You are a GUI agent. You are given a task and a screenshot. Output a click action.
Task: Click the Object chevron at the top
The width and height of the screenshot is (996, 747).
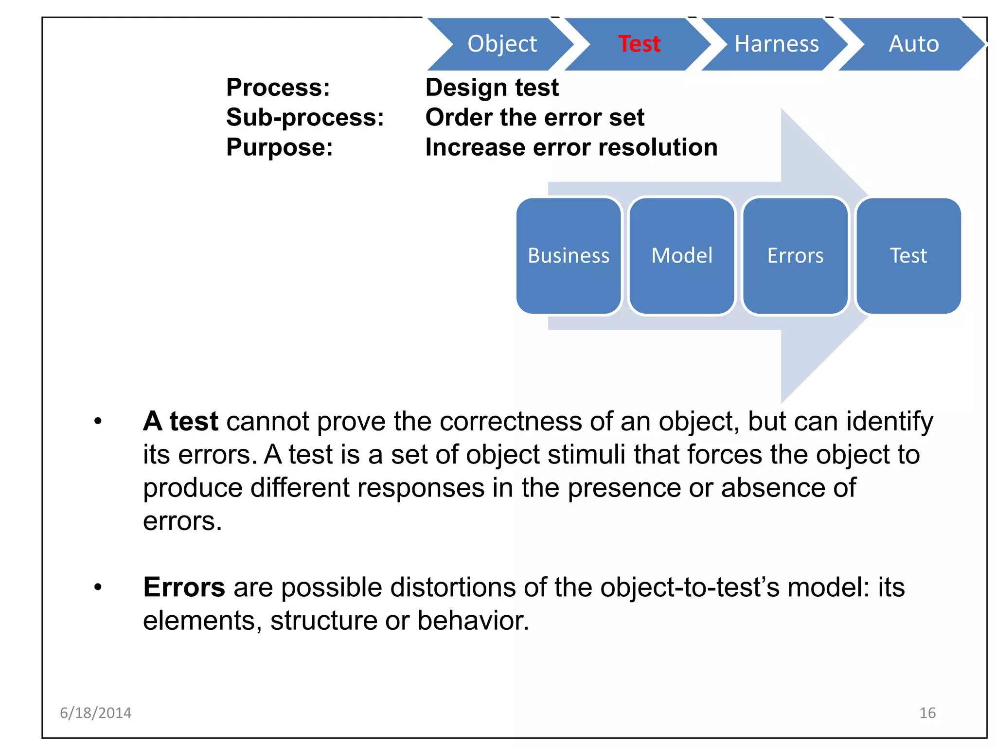(x=502, y=44)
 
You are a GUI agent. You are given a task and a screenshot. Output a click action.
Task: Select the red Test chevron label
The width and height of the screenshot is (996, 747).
(x=639, y=44)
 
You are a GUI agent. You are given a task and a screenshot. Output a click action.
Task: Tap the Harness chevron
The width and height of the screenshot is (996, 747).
(x=776, y=44)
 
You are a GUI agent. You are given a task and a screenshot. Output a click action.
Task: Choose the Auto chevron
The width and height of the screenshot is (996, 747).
(x=913, y=44)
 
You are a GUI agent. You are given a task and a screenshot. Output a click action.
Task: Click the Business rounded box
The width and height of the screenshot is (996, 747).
(x=569, y=256)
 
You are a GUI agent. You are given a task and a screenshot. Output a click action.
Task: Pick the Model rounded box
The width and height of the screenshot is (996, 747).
(x=682, y=256)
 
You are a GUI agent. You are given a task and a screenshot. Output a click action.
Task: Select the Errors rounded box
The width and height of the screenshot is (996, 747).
(x=795, y=256)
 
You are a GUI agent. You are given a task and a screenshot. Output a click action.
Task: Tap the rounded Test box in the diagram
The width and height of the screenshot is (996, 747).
(x=908, y=256)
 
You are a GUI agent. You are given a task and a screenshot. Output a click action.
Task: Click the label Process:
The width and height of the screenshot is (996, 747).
(x=278, y=88)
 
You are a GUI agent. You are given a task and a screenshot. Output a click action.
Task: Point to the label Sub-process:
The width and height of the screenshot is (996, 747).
(x=305, y=118)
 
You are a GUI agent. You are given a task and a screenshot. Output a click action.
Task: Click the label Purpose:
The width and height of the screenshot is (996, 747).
(x=280, y=147)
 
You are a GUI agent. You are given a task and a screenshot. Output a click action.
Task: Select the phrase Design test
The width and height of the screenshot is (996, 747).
(x=492, y=88)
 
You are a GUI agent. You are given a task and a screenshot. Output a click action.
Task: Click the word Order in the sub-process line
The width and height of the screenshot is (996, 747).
(x=458, y=118)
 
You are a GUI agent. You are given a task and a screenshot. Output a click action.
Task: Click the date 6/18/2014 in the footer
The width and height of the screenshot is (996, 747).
(x=95, y=713)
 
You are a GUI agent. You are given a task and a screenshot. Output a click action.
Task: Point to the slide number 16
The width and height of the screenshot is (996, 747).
(x=927, y=713)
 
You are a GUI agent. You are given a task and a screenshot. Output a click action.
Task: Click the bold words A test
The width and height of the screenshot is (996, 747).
(x=180, y=421)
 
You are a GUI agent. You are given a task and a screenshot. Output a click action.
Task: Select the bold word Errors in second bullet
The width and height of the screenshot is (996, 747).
(x=184, y=587)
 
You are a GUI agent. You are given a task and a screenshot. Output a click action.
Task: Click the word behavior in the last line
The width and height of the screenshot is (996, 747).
(x=472, y=621)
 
